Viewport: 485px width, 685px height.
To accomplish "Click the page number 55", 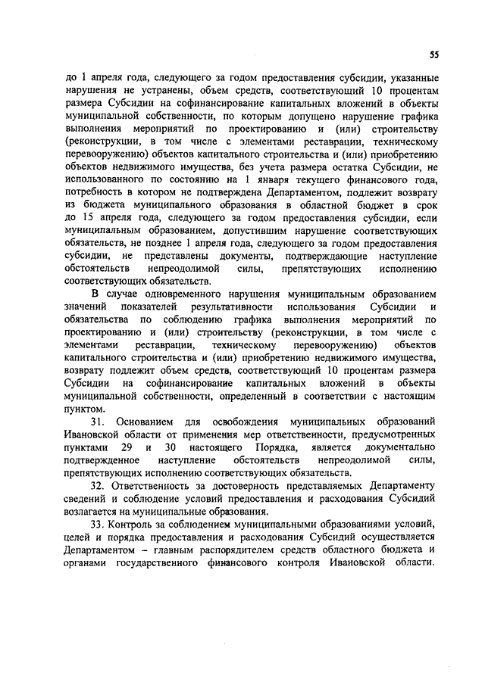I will tap(433, 54).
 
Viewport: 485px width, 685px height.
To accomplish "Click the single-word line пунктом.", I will tap(85, 409).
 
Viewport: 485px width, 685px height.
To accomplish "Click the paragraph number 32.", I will tap(98, 484).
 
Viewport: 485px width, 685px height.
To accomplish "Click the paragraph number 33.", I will tap(98, 525).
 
